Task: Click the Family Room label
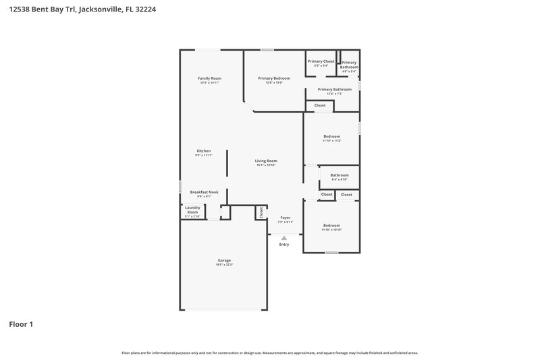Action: coord(209,78)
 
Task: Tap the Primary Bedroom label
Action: coord(274,78)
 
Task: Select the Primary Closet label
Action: coord(321,61)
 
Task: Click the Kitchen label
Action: coord(204,151)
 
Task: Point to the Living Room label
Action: coord(266,161)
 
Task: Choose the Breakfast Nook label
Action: coord(204,192)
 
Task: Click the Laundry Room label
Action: coord(192,210)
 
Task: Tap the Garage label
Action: coord(224,260)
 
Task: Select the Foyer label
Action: coord(285,217)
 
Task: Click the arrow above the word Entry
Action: coord(284,238)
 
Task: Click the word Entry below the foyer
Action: coord(284,244)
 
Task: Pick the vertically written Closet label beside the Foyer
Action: coord(261,213)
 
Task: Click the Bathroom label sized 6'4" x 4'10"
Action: coord(339,176)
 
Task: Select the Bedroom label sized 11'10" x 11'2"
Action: coord(331,136)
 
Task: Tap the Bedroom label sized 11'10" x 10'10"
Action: coord(331,225)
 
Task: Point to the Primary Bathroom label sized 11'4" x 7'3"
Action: coord(334,89)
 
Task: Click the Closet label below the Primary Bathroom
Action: coord(320,105)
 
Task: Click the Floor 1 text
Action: coord(21,324)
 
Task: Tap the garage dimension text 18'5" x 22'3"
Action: coord(224,265)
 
